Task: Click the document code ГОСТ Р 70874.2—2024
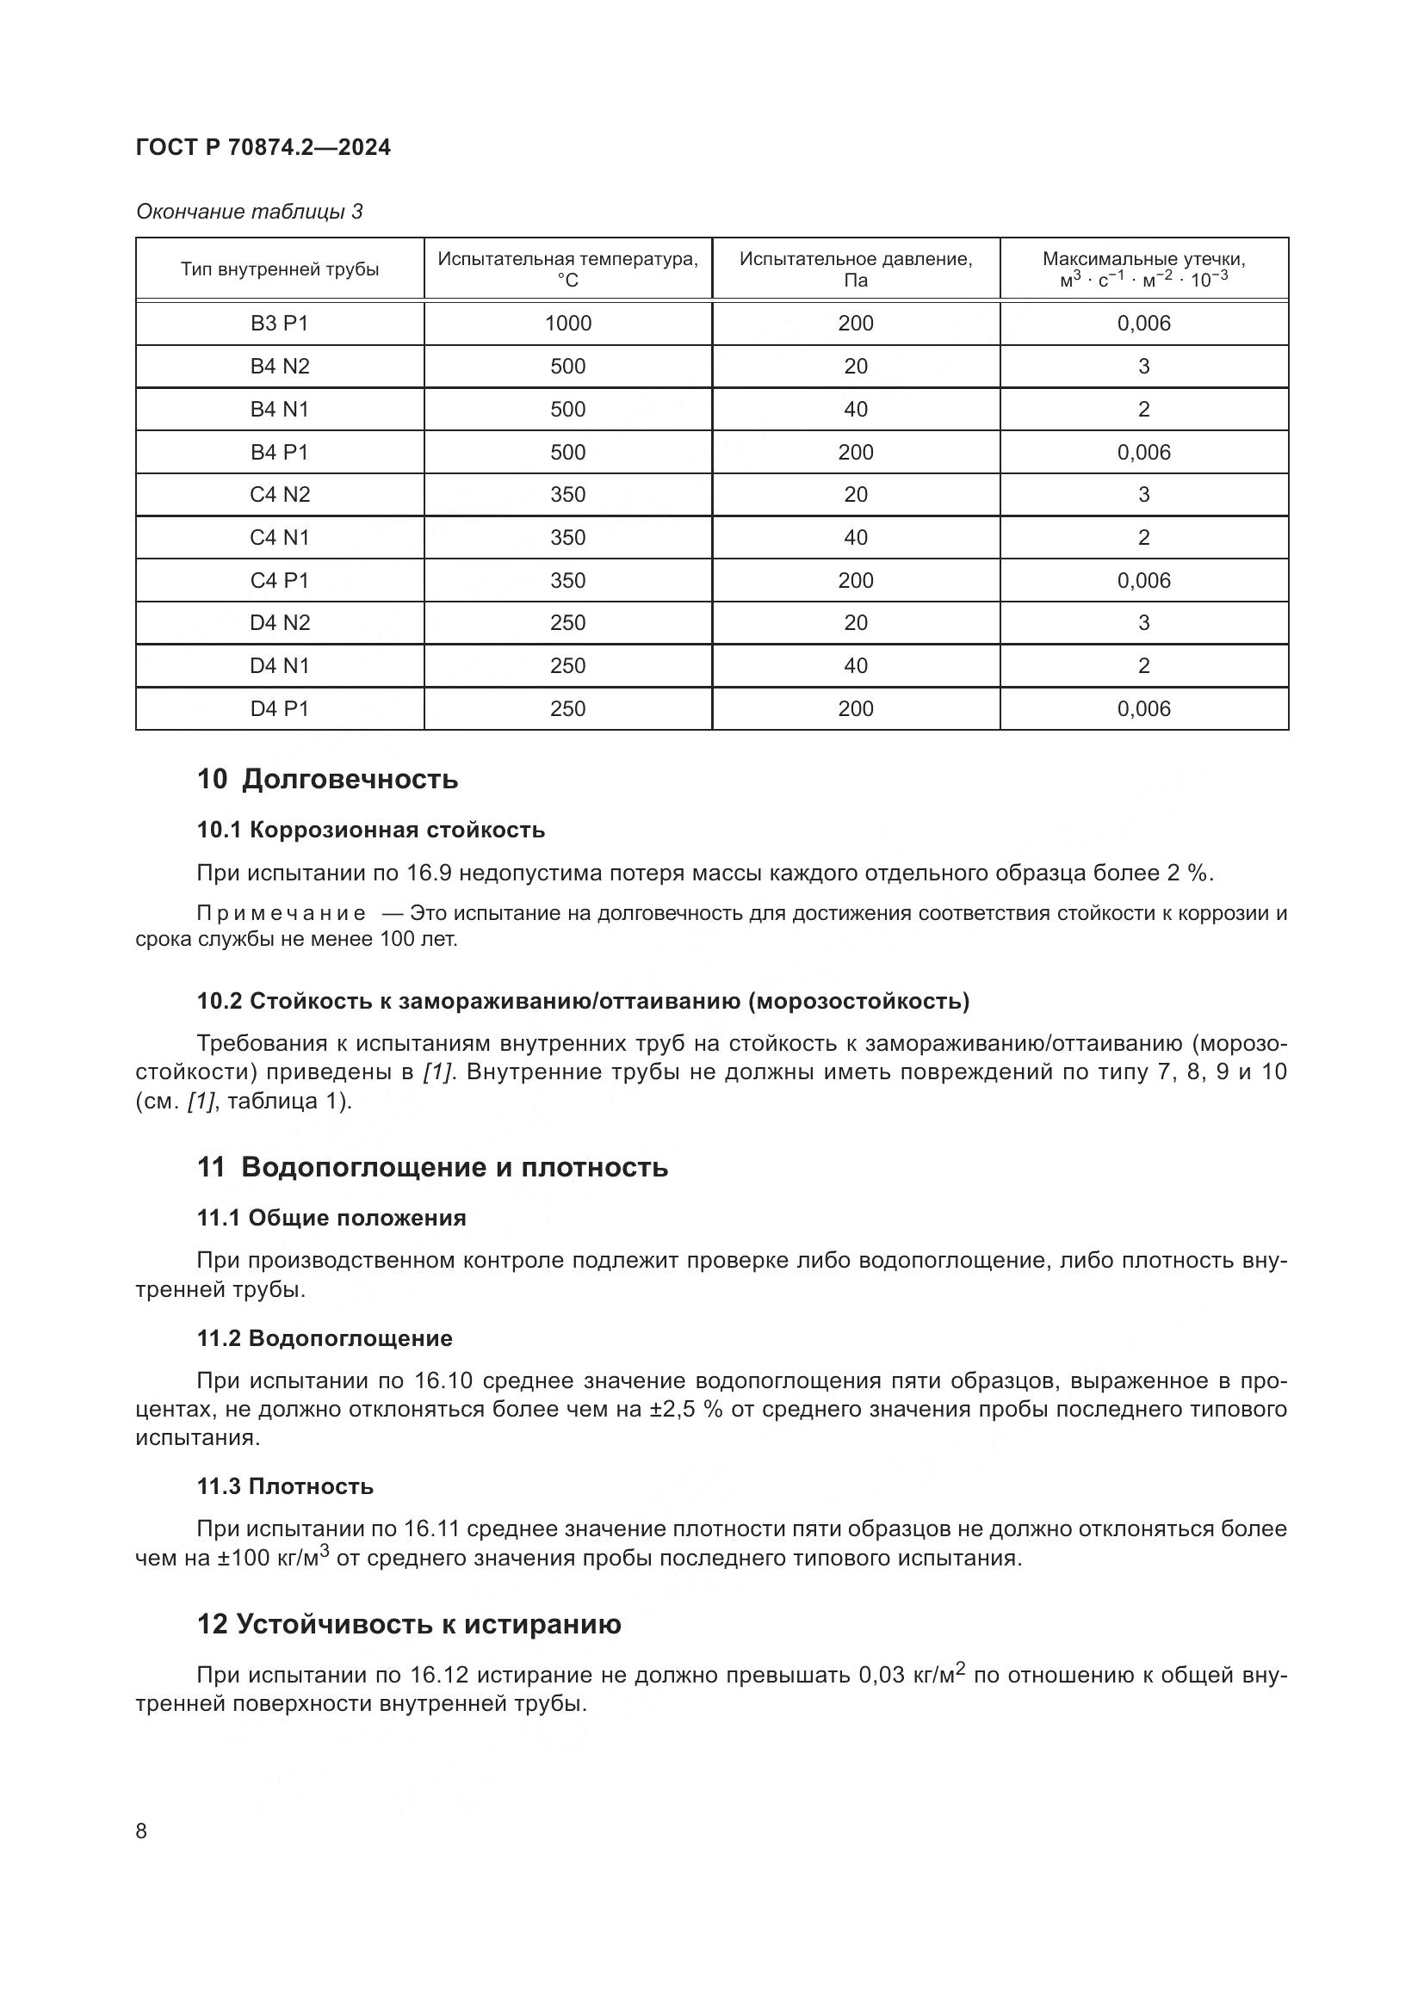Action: pos(263,147)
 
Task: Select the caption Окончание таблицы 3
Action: pos(249,212)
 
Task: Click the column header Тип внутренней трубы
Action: pos(280,269)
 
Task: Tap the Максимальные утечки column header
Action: pos(1143,269)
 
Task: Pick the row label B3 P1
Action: pos(280,324)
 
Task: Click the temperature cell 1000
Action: pos(567,324)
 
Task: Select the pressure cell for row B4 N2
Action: pos(855,367)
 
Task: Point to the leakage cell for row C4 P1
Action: pos(1143,580)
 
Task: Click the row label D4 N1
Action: pos(280,666)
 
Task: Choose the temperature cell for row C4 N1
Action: pos(567,537)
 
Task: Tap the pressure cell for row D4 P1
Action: pos(855,709)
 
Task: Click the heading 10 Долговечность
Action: pos(327,779)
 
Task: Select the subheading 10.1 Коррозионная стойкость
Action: pos(370,830)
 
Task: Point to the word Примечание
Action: pos(281,914)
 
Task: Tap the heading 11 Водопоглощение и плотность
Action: pos(432,1167)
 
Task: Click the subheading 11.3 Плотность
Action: pos(285,1486)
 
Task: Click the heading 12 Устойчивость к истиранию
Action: pos(409,1625)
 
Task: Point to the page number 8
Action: pos(142,1831)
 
